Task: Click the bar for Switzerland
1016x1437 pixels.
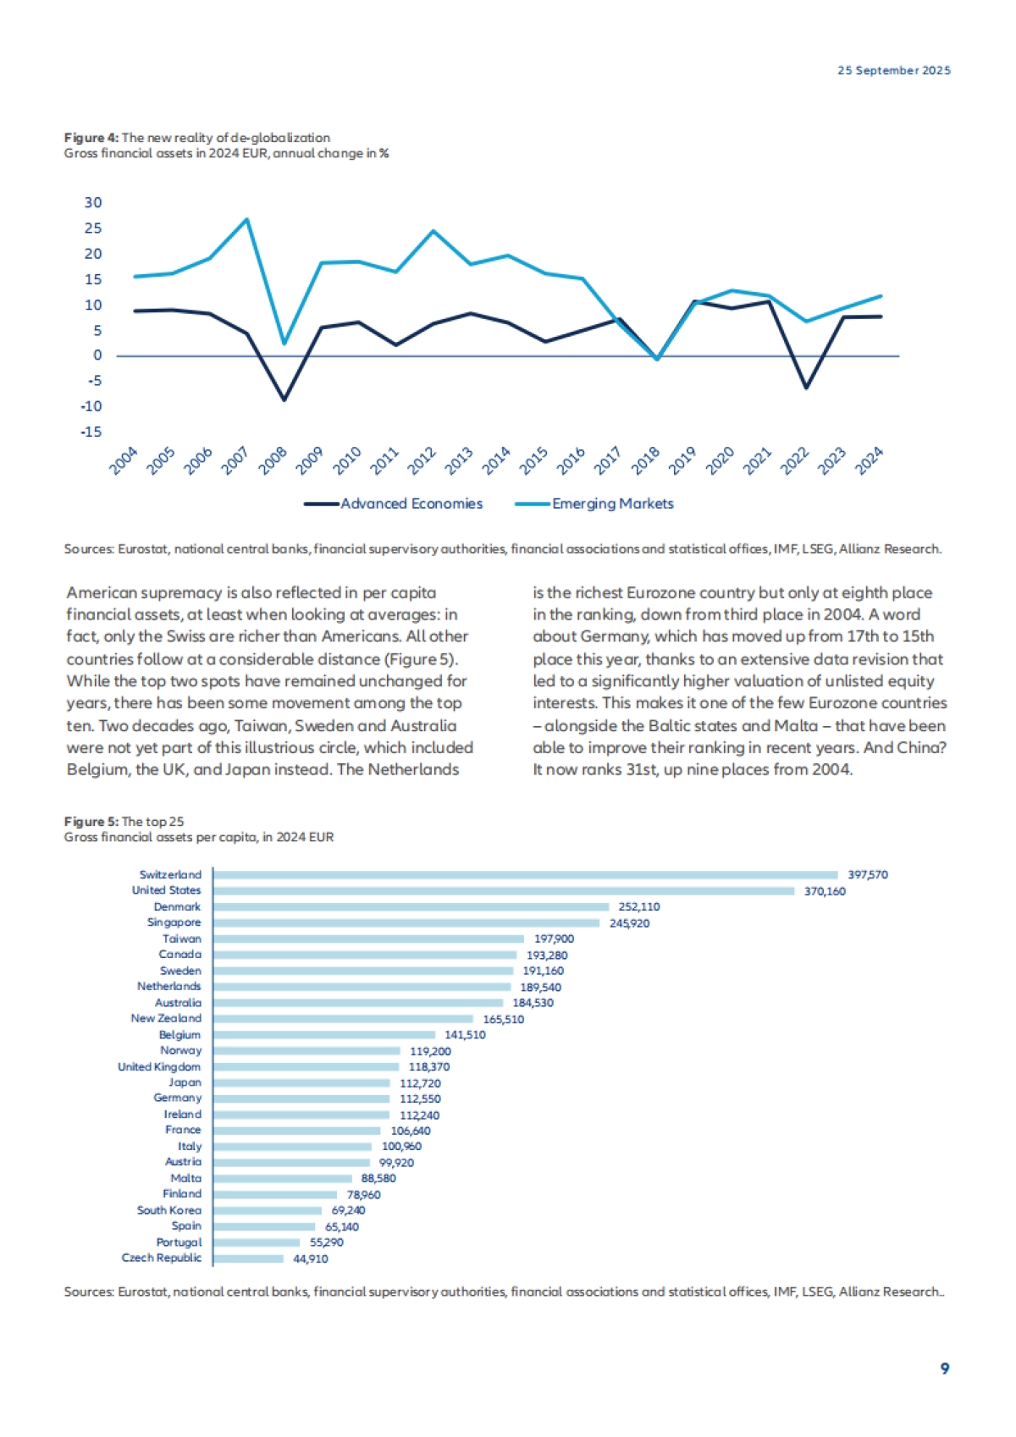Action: coord(525,875)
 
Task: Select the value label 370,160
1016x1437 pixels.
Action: coord(825,891)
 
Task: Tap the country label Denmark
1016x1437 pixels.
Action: coord(177,906)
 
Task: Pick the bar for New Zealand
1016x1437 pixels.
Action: coord(343,1019)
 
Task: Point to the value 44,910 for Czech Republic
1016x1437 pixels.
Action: coord(311,1258)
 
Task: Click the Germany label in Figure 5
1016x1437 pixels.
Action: coord(177,1098)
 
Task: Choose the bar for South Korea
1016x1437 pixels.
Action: coord(268,1210)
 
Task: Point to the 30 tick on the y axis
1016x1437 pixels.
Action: coord(93,202)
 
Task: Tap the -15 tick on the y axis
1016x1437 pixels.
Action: coord(91,432)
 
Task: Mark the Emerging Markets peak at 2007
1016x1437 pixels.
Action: coord(246,219)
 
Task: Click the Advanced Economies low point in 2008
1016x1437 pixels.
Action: coord(284,399)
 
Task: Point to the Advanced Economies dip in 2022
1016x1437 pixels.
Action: coord(806,388)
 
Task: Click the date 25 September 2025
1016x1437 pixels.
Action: coord(894,70)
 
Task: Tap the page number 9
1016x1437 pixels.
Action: coord(945,1368)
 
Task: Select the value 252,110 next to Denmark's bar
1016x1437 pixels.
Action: coord(639,906)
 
